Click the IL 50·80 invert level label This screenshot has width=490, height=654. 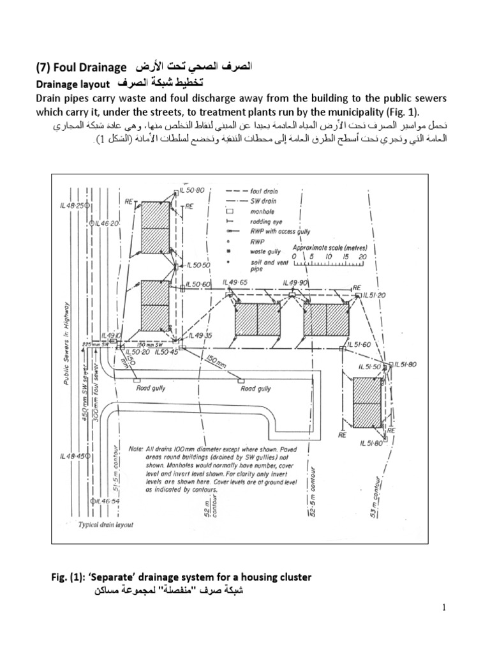tap(191, 190)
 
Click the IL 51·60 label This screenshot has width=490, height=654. tap(366, 345)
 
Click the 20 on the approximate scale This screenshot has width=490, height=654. tap(363, 257)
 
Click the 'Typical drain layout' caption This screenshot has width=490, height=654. tap(107, 524)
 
